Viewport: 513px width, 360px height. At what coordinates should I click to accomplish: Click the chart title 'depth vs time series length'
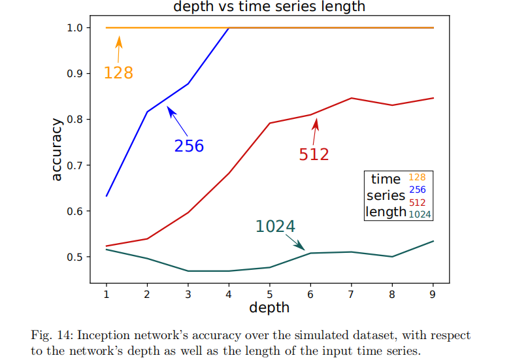(269, 7)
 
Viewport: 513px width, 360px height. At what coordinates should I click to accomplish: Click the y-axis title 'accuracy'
(57, 149)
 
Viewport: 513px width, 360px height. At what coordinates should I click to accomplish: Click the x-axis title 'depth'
(269, 306)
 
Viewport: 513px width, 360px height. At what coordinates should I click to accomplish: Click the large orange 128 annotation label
(118, 73)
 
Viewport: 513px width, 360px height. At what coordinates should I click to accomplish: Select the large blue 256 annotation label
(189, 146)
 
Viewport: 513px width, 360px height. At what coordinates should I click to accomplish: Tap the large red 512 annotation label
(314, 154)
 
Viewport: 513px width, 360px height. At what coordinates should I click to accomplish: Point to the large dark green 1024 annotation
(275, 226)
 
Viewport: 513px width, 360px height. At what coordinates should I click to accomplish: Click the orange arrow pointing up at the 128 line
(119, 48)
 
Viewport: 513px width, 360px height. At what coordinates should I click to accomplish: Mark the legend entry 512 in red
(417, 202)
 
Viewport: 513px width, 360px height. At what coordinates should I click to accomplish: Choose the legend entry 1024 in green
(419, 214)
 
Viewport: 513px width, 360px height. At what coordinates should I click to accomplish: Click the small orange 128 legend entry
(417, 177)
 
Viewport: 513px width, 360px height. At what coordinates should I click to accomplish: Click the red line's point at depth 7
(351, 98)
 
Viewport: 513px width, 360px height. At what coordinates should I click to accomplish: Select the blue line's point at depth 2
(147, 112)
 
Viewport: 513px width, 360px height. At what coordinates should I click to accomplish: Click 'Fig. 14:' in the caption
(52, 335)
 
